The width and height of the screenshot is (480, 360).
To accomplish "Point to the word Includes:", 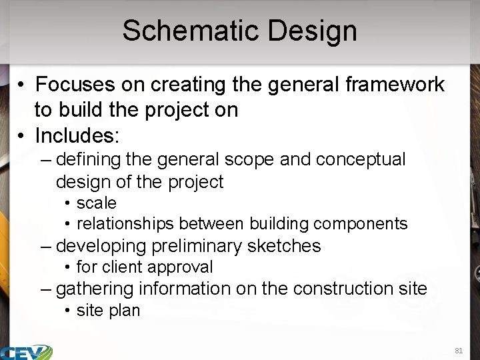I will click(77, 136).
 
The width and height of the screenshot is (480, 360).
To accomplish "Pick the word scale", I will click(97, 203).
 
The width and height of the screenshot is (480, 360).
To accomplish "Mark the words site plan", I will click(109, 311).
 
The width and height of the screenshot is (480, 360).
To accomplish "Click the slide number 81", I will click(458, 350).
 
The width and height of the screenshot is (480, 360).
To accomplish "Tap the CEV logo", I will click(27, 351).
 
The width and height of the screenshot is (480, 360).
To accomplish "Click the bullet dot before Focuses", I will click(22, 85).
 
